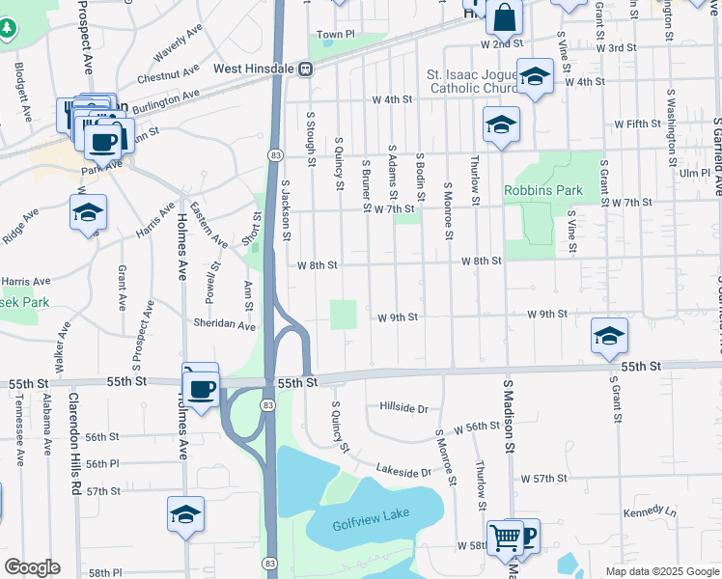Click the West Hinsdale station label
click(x=254, y=69)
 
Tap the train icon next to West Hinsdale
click(x=305, y=69)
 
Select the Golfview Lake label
click(x=364, y=525)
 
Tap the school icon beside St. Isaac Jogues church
click(x=534, y=76)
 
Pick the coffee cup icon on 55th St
click(x=201, y=389)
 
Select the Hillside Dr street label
click(x=403, y=407)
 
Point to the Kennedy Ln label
click(x=650, y=511)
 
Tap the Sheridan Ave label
click(x=224, y=323)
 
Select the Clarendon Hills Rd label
click(x=74, y=441)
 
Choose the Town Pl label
click(x=337, y=35)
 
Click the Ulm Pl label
click(x=694, y=173)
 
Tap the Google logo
click(x=32, y=567)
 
